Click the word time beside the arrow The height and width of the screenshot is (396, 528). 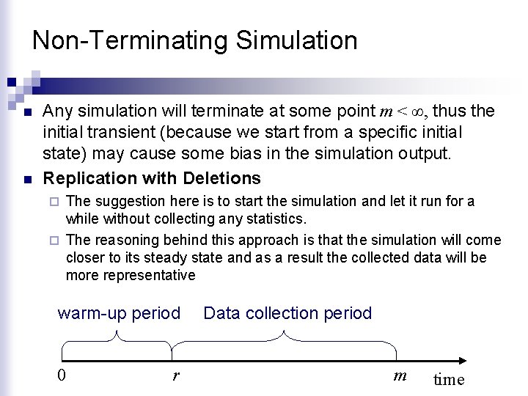449,379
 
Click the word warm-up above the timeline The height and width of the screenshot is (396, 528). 91,314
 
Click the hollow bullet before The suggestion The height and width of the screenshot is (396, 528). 56,202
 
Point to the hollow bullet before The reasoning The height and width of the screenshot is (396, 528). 56,241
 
